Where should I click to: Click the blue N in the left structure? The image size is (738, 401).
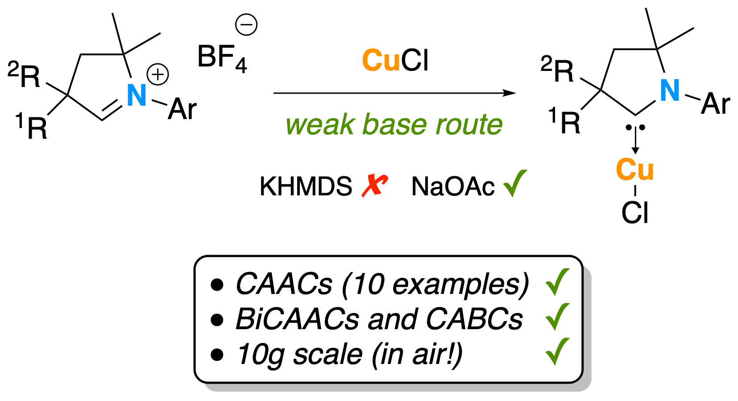(x=137, y=95)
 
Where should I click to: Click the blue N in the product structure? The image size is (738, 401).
(x=670, y=91)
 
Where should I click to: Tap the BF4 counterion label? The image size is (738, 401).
(x=222, y=58)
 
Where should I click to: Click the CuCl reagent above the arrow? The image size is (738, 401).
(x=395, y=60)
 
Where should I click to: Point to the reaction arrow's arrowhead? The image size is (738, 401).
(x=509, y=93)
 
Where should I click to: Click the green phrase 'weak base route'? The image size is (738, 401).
(x=394, y=124)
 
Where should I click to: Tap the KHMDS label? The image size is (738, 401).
(x=306, y=186)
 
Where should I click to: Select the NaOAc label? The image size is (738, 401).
(x=453, y=186)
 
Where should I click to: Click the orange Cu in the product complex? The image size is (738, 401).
(x=634, y=170)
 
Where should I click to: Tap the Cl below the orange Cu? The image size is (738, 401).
(x=634, y=213)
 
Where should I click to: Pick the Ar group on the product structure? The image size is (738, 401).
(x=715, y=104)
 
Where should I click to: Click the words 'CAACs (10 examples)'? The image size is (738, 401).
(x=382, y=284)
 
